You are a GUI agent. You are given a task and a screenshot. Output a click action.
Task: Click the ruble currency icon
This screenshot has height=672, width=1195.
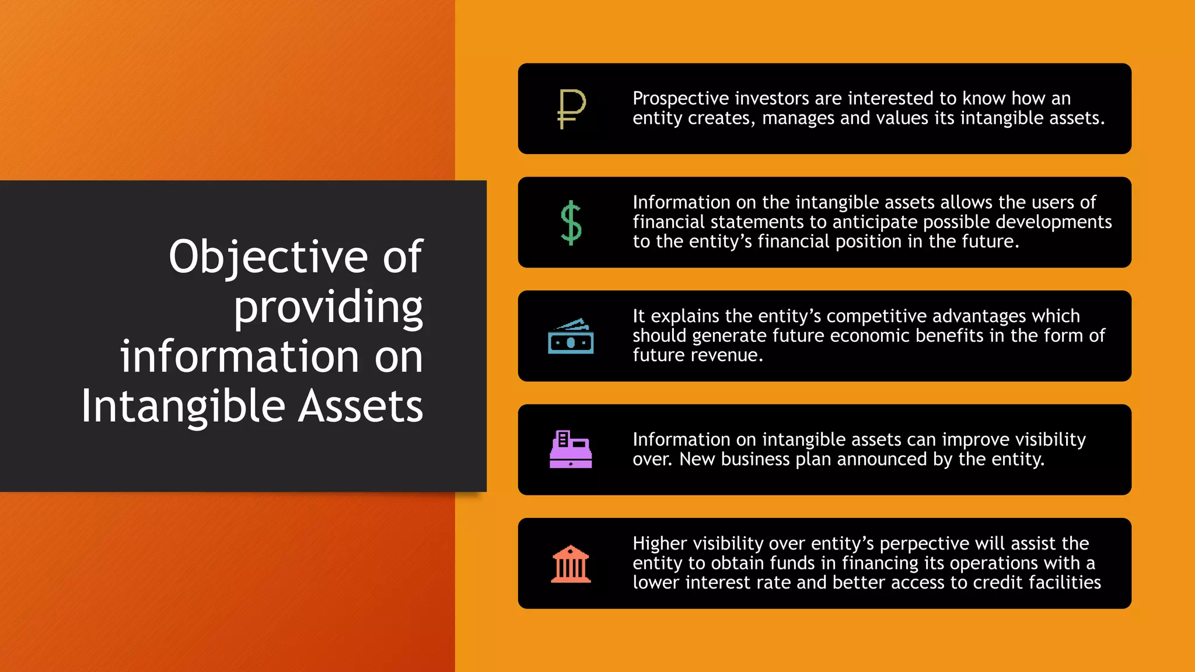571,108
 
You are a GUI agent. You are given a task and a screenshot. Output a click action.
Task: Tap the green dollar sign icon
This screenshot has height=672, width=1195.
571,222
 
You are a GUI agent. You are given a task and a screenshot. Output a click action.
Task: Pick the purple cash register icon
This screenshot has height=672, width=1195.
571,449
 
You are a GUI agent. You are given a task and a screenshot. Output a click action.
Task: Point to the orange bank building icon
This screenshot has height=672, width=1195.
571,563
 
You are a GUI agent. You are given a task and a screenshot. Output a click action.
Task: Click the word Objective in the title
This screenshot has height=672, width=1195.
268,257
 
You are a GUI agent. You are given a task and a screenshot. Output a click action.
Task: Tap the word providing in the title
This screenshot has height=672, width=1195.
328,307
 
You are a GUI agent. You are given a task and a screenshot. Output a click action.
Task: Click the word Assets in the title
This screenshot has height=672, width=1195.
360,407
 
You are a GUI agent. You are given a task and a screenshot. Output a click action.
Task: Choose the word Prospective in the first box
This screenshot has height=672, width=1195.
680,99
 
